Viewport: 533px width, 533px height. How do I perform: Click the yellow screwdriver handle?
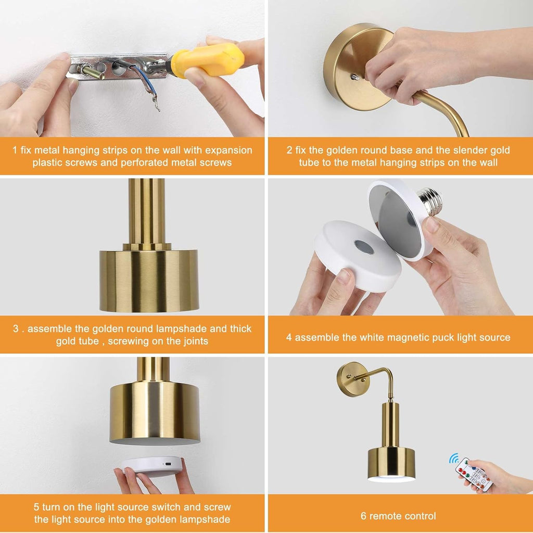[207, 60]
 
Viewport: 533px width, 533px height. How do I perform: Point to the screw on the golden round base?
[354, 77]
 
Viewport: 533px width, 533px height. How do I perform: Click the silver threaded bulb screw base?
[430, 201]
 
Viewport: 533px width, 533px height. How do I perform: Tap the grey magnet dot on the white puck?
[364, 247]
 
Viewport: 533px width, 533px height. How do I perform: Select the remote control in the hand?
[474, 475]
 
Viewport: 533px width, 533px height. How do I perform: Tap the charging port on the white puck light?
[168, 464]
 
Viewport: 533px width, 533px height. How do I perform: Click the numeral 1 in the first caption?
[15, 150]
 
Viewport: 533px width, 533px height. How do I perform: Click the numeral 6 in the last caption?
[363, 516]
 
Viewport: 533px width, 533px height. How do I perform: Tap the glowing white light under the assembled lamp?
[391, 479]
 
